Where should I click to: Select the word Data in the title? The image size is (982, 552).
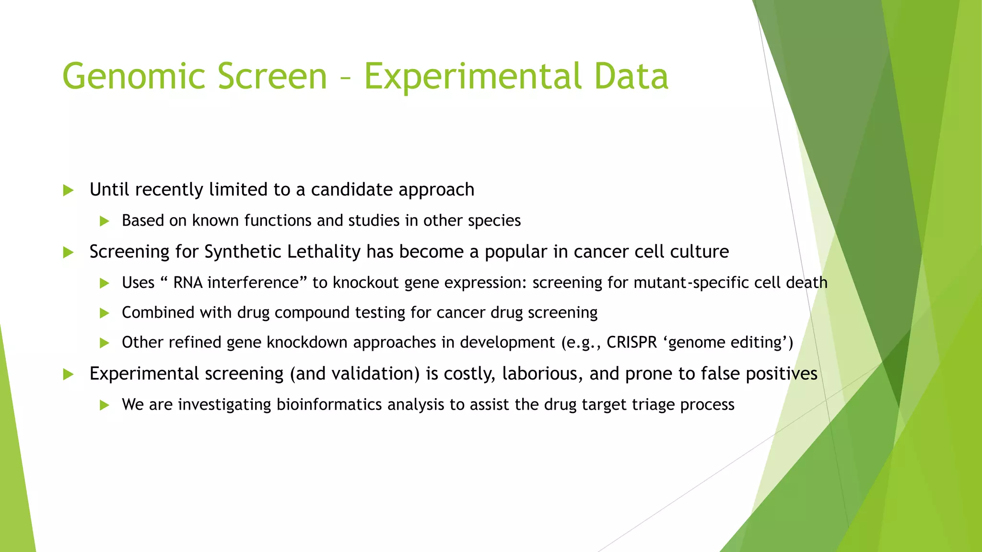coord(631,77)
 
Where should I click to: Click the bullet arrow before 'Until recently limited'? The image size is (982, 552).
coord(69,190)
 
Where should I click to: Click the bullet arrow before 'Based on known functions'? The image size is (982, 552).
coord(105,221)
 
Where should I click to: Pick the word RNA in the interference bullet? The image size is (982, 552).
coord(187,283)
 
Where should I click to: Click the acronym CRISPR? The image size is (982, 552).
coord(631,343)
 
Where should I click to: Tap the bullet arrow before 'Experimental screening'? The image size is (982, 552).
coord(69,374)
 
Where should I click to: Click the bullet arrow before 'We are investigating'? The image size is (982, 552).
coord(105,405)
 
